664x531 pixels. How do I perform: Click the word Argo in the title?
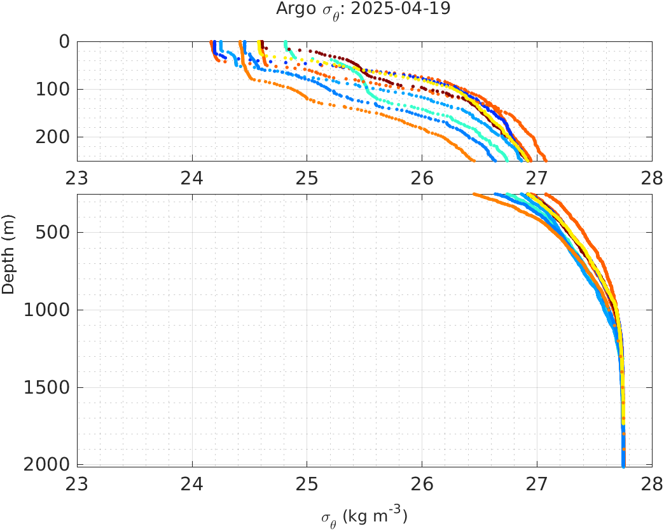[292, 10]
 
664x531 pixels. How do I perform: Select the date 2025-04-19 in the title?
[396, 10]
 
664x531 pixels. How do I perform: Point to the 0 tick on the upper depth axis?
[64, 42]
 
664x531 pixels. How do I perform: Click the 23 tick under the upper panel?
[78, 177]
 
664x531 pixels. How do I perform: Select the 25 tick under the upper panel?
[307, 177]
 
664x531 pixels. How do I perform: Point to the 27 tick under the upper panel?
[537, 177]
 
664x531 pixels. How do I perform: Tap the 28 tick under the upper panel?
[652, 177]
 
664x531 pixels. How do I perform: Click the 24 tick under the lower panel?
[193, 483]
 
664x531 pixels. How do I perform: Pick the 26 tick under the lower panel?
[422, 483]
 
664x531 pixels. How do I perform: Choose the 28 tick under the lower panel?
[652, 483]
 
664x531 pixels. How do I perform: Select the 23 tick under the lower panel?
[78, 483]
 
